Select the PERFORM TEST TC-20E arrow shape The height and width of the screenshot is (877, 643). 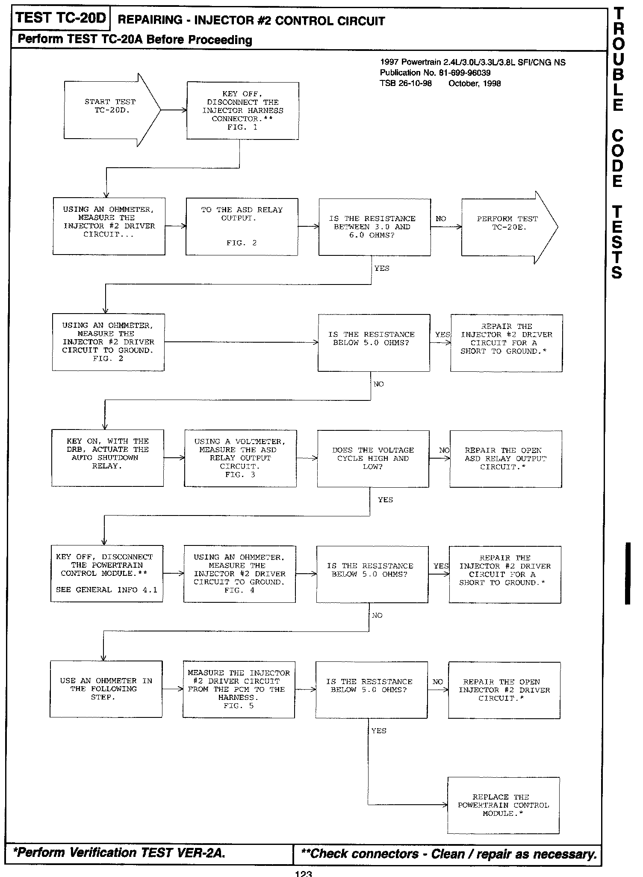(507, 227)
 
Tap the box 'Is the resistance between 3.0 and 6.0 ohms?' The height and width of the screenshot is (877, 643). (375, 227)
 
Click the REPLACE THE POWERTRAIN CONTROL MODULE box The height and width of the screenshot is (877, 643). (503, 805)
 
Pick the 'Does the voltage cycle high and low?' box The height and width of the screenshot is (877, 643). (373, 459)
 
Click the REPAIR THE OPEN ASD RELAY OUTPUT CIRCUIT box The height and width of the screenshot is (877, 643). (505, 459)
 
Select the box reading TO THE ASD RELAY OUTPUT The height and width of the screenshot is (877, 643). (242, 227)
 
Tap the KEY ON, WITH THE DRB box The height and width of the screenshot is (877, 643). (107, 458)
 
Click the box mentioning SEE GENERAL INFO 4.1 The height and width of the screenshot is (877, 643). (106, 574)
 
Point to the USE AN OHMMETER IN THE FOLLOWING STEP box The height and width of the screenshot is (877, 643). (106, 689)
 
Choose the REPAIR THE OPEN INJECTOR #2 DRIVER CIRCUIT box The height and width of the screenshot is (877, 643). (504, 690)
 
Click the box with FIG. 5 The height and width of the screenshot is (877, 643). (239, 690)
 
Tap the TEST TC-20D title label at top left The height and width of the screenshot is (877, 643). (60, 19)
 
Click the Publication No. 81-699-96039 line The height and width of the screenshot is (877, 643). (435, 73)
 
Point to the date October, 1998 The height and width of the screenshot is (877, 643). (474, 83)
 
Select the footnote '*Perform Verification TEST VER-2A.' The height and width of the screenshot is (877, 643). (119, 853)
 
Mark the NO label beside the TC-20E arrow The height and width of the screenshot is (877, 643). (441, 219)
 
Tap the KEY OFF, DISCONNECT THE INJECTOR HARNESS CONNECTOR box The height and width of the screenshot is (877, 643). (242, 111)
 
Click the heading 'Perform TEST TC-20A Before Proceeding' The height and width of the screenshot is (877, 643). (135, 40)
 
